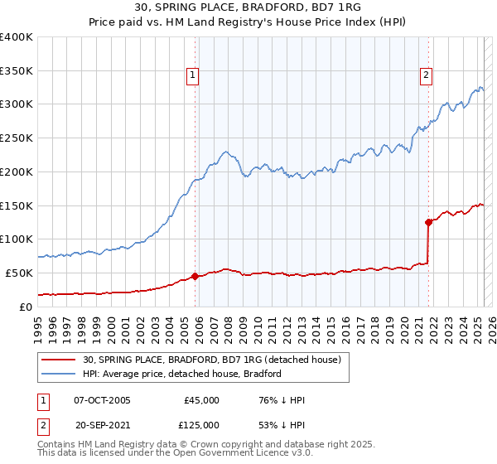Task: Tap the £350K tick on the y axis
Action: coord(17,70)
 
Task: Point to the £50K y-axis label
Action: coord(19,273)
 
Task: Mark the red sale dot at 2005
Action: coord(195,276)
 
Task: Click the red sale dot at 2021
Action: coord(428,222)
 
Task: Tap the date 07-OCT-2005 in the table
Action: coord(102,400)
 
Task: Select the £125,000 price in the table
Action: coord(201,425)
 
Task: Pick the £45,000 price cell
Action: coord(201,400)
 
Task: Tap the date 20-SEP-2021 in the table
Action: coord(102,425)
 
